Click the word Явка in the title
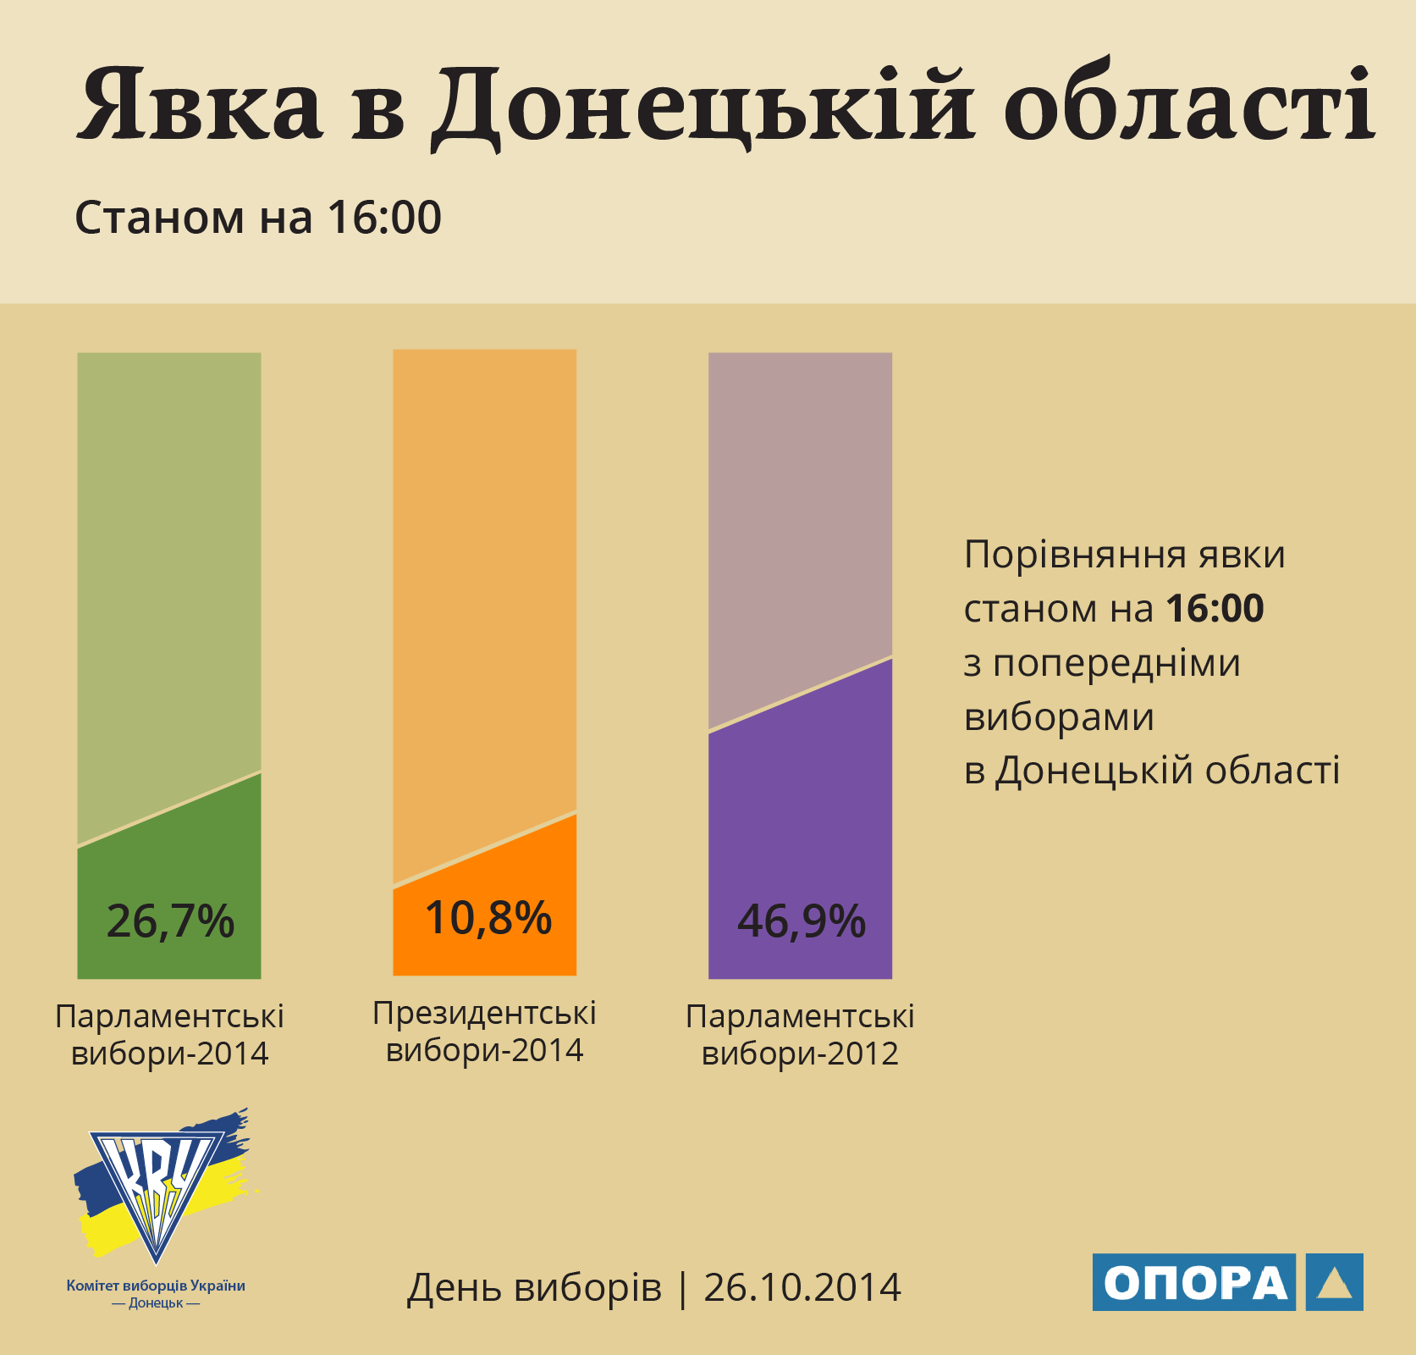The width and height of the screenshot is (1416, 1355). pos(200,105)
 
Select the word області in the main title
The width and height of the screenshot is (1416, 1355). pos(1189,105)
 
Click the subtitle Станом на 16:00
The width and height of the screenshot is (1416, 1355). pos(258,218)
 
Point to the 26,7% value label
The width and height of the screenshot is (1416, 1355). pos(170,921)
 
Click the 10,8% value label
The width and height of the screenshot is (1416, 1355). pos(488,918)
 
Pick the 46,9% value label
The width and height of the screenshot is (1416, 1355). pos(801,921)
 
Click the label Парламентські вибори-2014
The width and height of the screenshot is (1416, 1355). pos(169,1035)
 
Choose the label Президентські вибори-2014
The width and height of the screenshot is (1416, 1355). pos(484,1031)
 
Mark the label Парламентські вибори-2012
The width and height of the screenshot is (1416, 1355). pos(800,1035)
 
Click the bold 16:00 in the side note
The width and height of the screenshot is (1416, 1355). pos(1215,609)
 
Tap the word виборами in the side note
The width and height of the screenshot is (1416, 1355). pos(1059,717)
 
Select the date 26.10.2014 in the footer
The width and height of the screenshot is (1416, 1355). pos(802,1288)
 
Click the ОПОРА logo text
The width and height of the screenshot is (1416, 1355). pos(1194,1283)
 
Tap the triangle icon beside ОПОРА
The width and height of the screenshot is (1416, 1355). pos(1334,1283)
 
